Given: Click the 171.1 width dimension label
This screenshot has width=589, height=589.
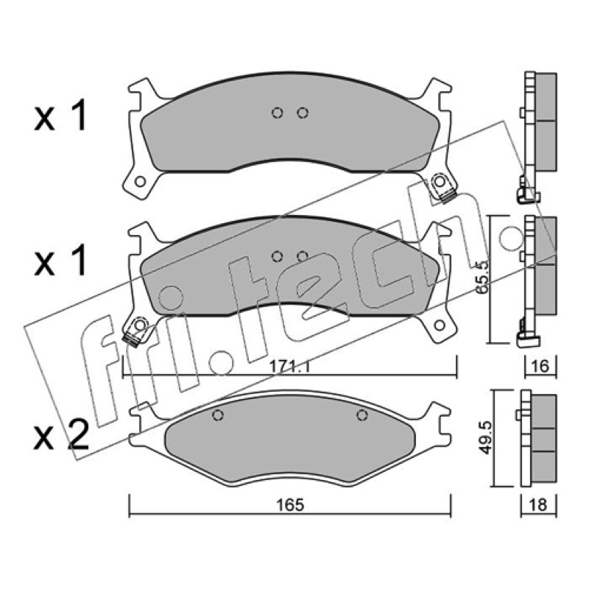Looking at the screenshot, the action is point(289,366).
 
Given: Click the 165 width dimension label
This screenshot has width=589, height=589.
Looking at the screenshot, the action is point(289,505).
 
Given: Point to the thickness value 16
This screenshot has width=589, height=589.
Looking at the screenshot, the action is point(540,366).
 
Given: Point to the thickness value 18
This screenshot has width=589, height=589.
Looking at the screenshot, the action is point(539,505).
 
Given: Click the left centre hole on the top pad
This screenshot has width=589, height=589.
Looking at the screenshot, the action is point(278,113).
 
